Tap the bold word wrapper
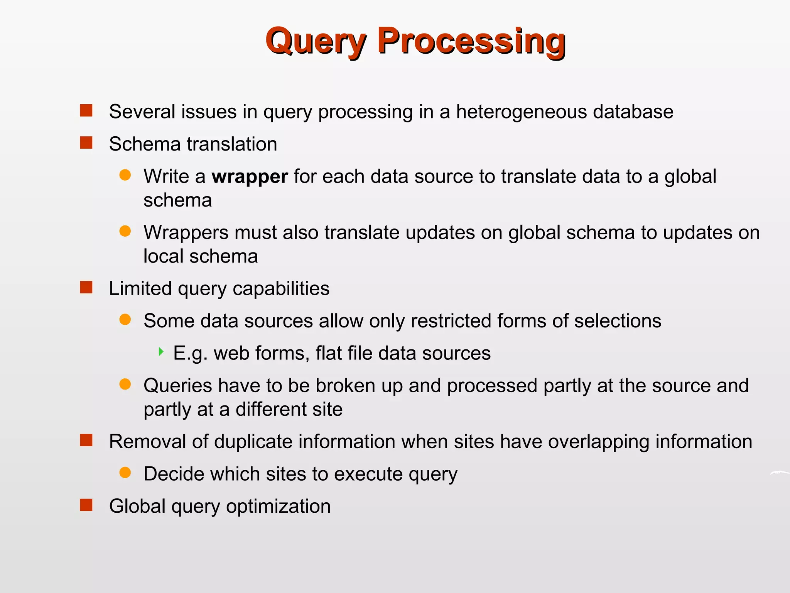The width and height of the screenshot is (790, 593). tap(250, 177)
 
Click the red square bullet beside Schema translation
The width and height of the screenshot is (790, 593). tap(86, 143)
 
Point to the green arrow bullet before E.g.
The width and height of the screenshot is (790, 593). tap(161, 352)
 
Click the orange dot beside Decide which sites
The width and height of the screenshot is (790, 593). tap(125, 473)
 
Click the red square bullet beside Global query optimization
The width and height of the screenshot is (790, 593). tap(86, 505)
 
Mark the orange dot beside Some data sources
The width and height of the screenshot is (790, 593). tap(125, 320)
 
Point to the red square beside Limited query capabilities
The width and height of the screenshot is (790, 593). tap(86, 287)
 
